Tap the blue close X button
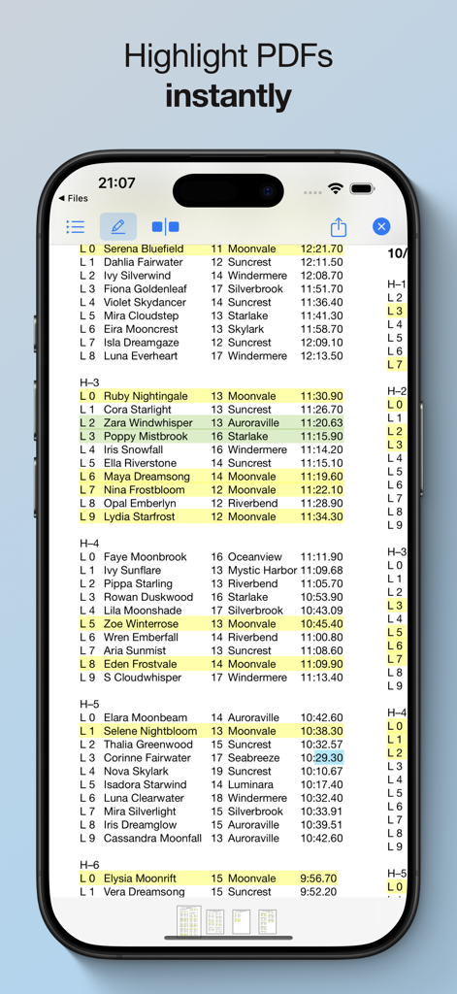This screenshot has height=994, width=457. pos(381,226)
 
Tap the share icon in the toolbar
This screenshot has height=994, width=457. pos(338,227)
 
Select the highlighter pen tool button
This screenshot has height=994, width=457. pos(118,226)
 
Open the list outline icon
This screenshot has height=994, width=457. pos(75,227)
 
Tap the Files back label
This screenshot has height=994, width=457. pos(74,198)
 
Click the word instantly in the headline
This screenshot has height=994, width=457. pos(228,95)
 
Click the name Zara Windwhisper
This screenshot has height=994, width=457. pos(148,423)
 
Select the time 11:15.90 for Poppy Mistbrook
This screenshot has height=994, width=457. pos(321,437)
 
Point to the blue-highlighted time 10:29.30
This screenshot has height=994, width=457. pos(328,758)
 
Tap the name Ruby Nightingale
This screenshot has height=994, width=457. pos(146,396)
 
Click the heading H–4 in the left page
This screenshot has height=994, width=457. pos(89,544)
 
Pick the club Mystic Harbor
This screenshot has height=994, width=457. pos(262,571)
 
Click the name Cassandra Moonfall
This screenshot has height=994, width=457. pos(152,839)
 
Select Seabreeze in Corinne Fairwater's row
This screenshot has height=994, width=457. pos(253,758)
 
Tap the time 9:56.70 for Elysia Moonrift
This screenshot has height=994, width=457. pos(318,878)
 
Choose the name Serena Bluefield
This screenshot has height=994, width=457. pos(144,249)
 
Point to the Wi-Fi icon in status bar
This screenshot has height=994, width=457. pos(336,188)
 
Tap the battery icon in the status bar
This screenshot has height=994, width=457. pos(362,188)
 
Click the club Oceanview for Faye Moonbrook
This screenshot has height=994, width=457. pos(255,557)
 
